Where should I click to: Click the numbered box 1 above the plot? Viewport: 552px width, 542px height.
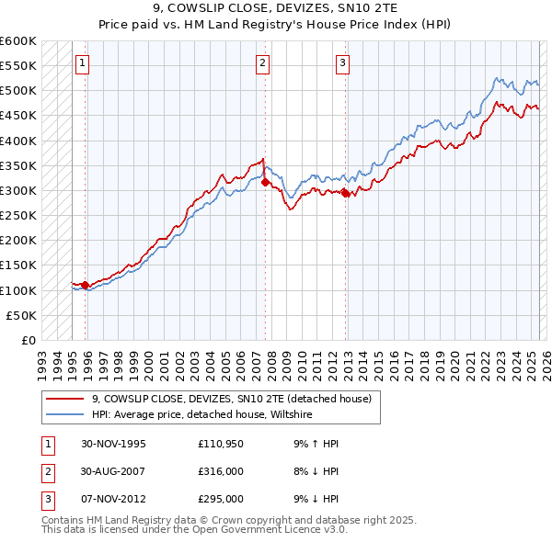coord(83,63)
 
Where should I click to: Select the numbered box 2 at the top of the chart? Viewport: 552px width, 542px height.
coord(263,63)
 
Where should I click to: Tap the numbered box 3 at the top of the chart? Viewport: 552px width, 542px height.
coord(342,63)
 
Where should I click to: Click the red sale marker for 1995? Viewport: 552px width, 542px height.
coord(86,285)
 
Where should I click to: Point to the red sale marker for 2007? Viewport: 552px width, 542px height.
coord(265,183)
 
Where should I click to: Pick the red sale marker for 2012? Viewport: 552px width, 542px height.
coord(345,193)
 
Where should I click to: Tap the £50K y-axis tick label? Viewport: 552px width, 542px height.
coord(22,315)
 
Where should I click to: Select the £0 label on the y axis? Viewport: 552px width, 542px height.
coord(28,340)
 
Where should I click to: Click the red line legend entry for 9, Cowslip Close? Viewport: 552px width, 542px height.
coord(231,399)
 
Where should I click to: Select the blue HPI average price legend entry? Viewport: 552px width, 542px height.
coord(202,415)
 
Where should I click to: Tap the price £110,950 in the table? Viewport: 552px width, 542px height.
coord(221,444)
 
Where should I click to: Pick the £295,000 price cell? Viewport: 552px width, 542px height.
coord(221,499)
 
